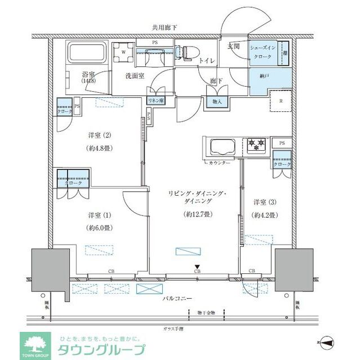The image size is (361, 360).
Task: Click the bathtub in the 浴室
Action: [87, 55]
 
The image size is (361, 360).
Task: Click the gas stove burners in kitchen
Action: [257, 145]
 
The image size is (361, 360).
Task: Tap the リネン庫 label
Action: [155, 100]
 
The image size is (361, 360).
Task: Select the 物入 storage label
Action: [217, 101]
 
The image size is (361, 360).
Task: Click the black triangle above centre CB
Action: [197, 267]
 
